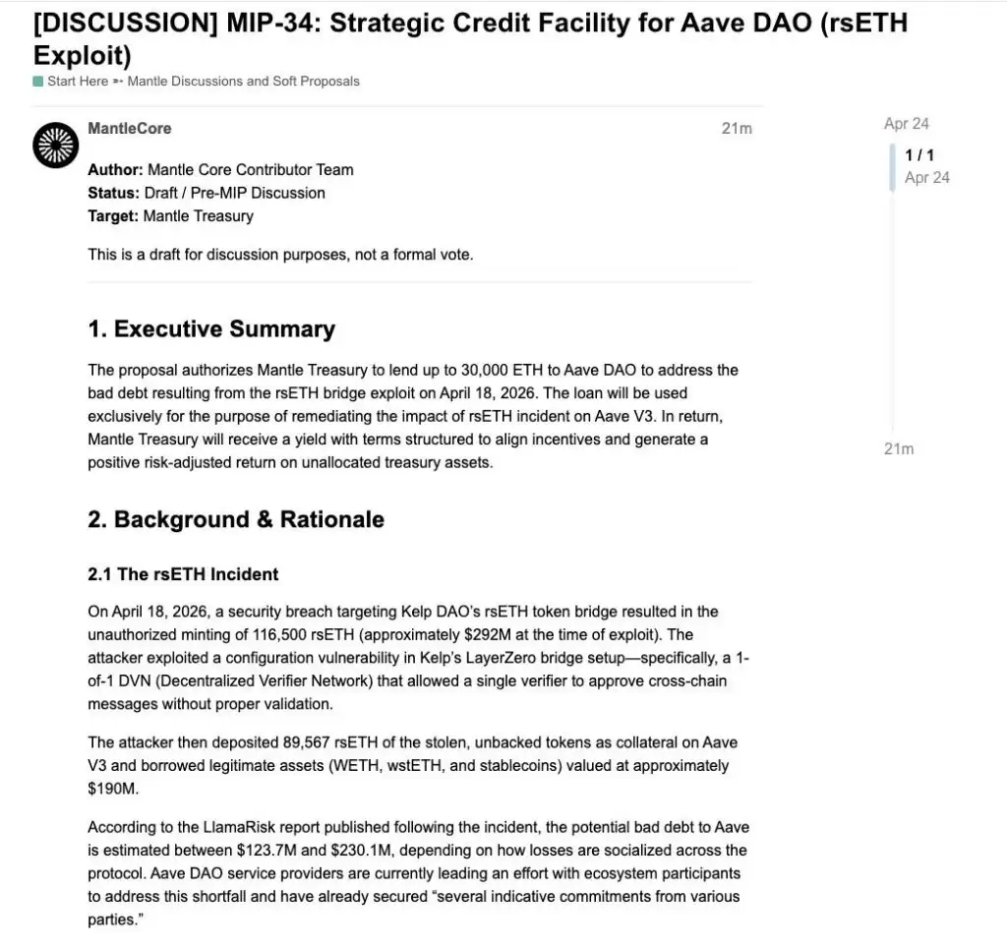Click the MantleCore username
click(x=129, y=128)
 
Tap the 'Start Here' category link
click(x=77, y=82)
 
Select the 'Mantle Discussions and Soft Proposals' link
click(x=244, y=82)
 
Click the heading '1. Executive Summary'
click(x=211, y=329)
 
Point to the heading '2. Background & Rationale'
click(x=236, y=519)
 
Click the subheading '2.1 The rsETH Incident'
click(x=183, y=574)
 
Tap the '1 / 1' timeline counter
click(x=919, y=155)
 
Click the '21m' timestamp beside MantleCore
click(x=736, y=129)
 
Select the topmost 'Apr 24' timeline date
click(x=906, y=124)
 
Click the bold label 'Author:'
click(x=115, y=169)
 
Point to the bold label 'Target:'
click(x=112, y=216)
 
